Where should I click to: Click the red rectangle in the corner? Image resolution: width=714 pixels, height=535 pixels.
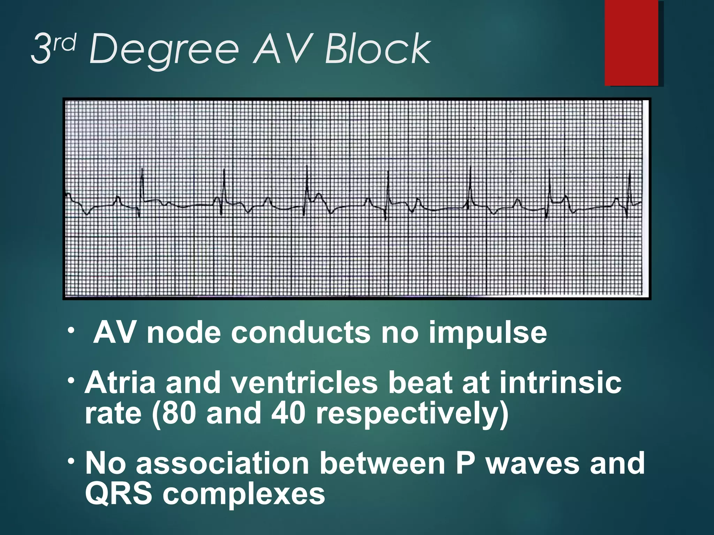click(x=631, y=42)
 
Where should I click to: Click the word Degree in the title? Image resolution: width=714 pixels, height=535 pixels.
click(x=164, y=51)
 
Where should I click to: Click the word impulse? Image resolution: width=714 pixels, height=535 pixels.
click(x=488, y=333)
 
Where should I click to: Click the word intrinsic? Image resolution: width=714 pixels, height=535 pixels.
click(x=560, y=382)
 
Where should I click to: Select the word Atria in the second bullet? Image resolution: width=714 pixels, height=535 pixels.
click(x=120, y=382)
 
